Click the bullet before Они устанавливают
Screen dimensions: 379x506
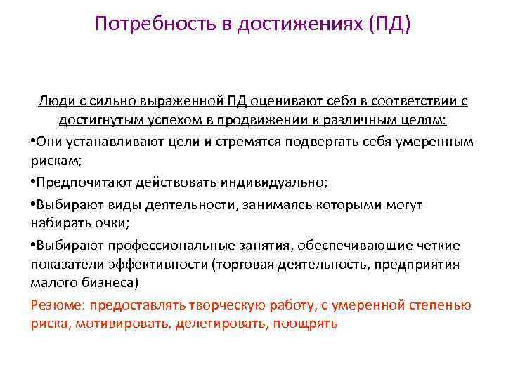pyautogui.click(x=33, y=141)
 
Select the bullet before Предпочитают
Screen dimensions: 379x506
pyautogui.click(x=33, y=182)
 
